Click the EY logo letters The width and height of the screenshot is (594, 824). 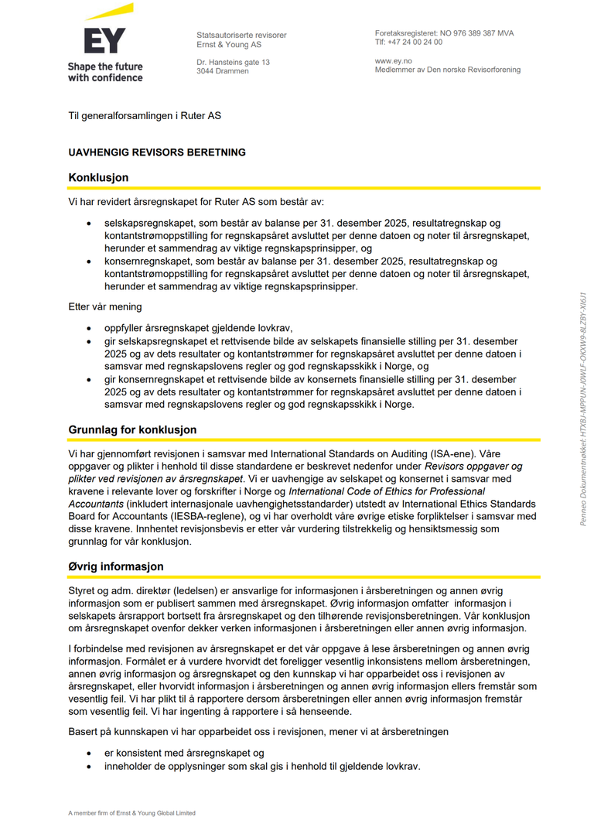click(x=104, y=40)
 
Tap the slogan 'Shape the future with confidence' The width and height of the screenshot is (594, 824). click(x=105, y=72)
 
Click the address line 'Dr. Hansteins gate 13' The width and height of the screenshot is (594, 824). click(x=233, y=62)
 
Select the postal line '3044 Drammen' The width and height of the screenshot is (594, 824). click(x=223, y=71)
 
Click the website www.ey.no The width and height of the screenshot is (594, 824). click(x=393, y=60)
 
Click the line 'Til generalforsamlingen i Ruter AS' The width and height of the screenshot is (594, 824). click(x=145, y=116)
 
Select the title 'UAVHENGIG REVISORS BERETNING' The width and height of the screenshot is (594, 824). click(x=157, y=152)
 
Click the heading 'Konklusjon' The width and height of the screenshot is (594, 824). click(x=98, y=177)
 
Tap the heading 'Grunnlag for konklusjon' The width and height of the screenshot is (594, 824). click(x=132, y=429)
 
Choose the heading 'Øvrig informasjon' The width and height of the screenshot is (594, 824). click(x=116, y=566)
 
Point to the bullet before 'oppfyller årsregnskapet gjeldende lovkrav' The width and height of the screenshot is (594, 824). click(x=92, y=328)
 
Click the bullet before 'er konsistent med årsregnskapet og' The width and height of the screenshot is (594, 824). click(x=92, y=753)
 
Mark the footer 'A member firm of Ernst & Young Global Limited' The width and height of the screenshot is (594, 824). click(x=131, y=813)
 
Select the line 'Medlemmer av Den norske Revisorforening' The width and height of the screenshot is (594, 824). click(x=448, y=70)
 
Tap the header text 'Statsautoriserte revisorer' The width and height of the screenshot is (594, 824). click(x=241, y=36)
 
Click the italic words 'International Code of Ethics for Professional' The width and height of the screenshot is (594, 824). click(x=387, y=491)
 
